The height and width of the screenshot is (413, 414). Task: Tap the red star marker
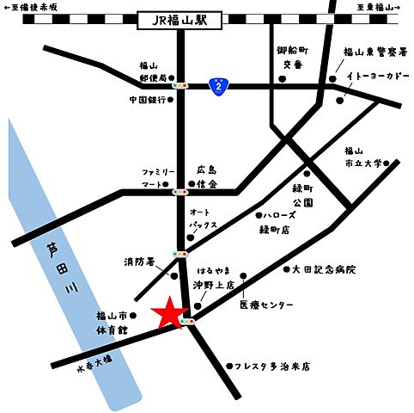tap(169, 314)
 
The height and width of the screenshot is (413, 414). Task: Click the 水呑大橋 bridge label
tap(95, 366)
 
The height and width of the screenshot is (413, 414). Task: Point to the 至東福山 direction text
tap(377, 7)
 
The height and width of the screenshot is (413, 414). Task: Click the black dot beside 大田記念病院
tap(286, 270)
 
